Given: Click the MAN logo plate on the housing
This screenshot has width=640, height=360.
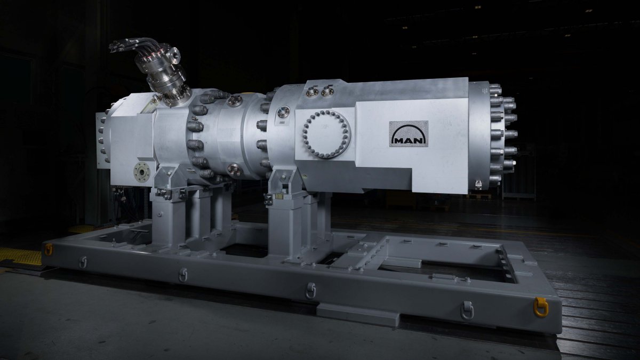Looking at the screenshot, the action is (409, 134).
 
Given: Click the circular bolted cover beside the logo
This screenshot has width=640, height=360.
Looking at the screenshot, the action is (326, 134).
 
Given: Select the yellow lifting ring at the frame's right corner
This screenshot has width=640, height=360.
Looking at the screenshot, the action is (541, 307).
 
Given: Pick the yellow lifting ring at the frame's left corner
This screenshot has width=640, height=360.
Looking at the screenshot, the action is (49, 250).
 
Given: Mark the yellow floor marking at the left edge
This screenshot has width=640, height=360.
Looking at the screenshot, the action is (21, 257).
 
